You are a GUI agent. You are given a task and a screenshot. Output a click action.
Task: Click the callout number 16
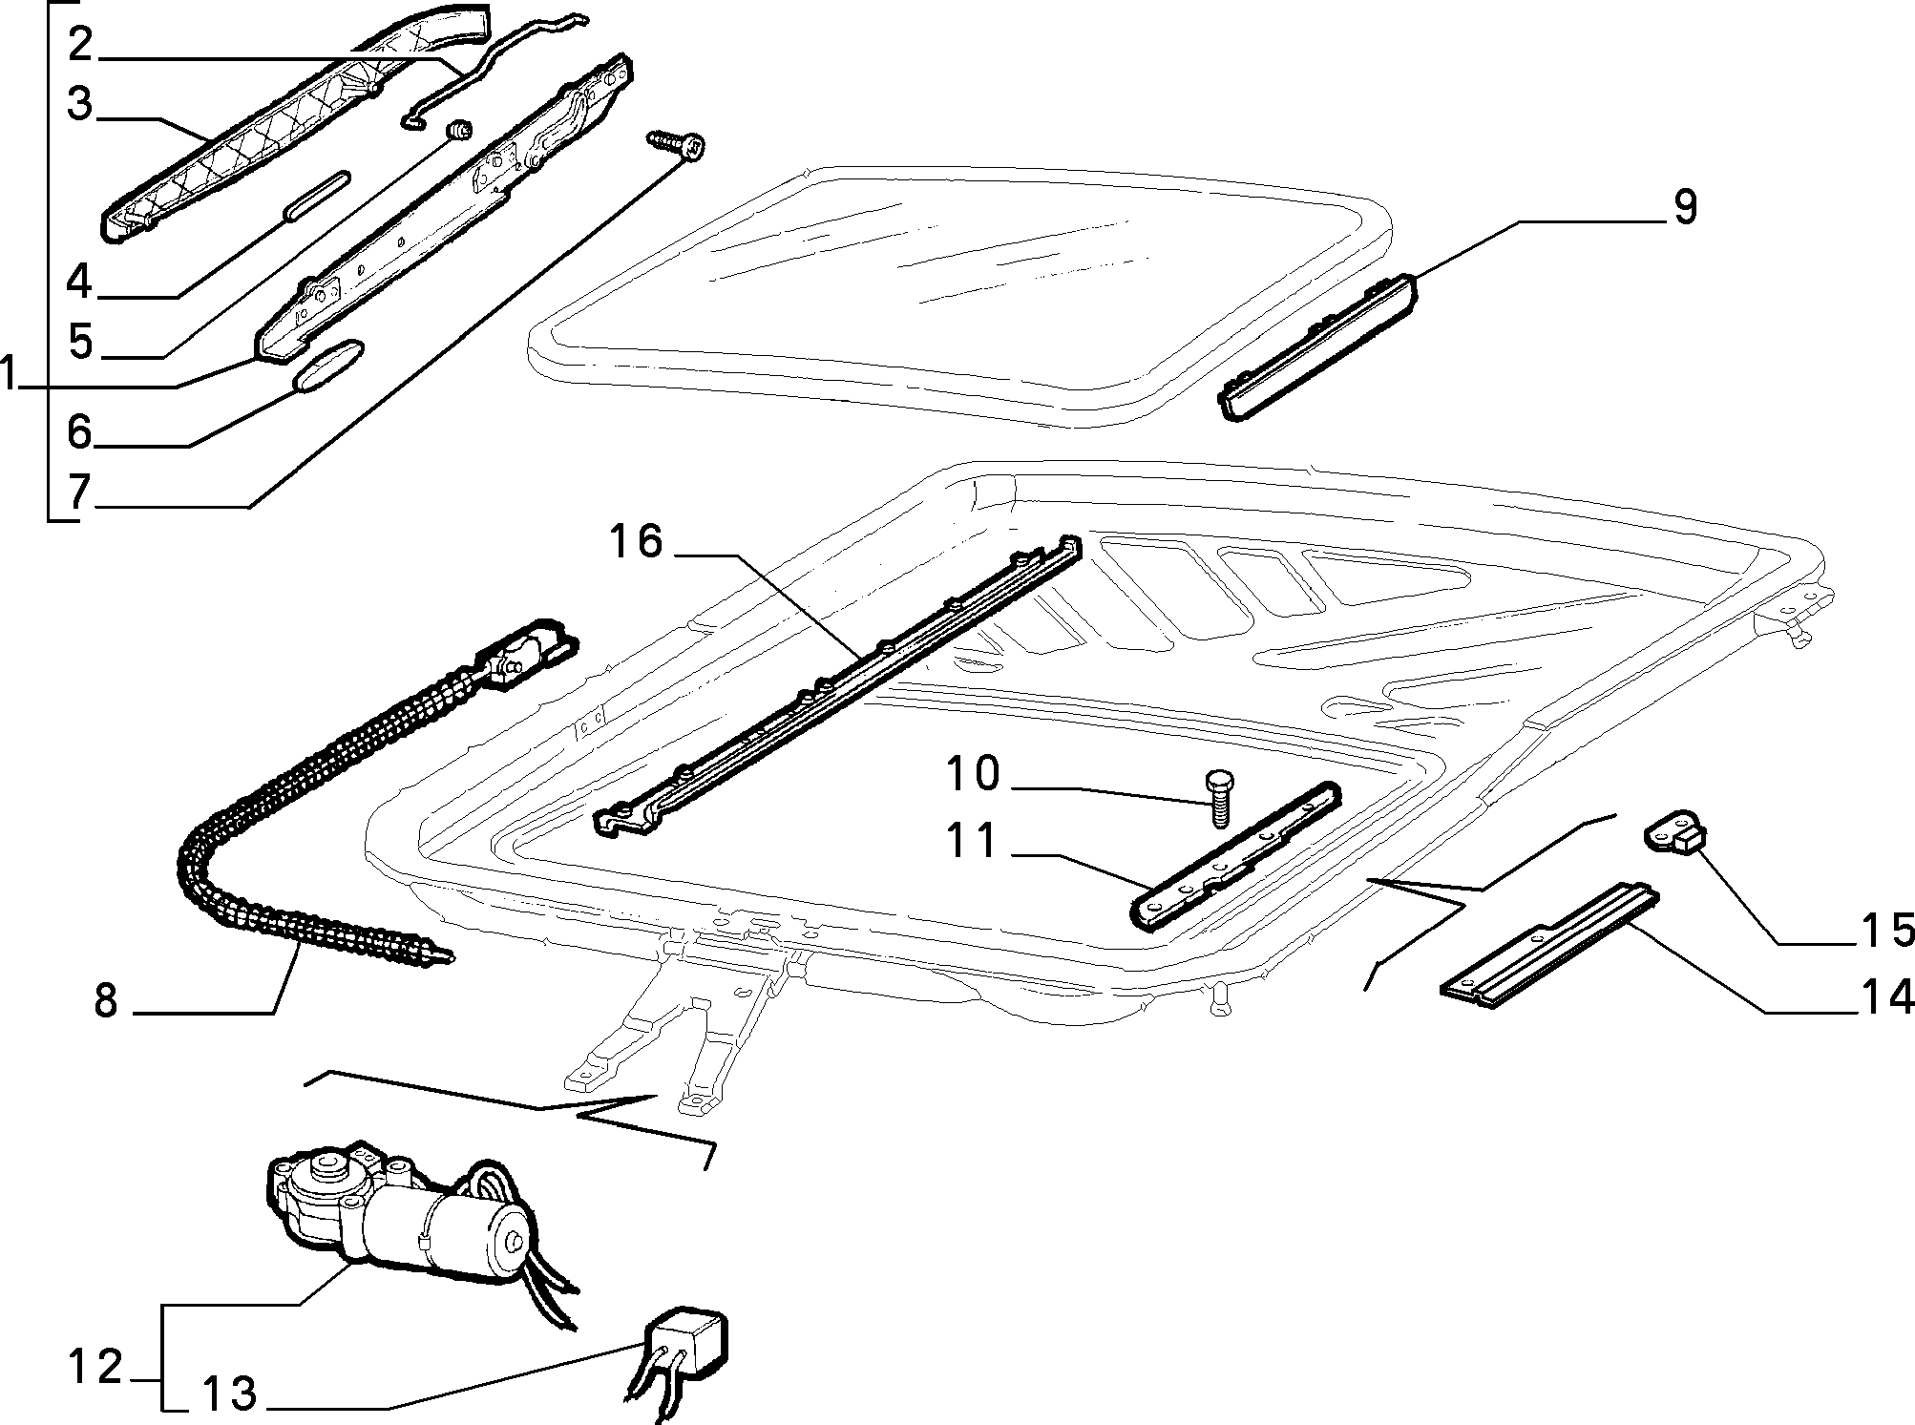click(636, 542)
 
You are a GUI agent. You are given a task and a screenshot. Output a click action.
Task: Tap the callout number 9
click(1685, 208)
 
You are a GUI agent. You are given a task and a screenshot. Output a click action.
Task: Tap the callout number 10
click(973, 773)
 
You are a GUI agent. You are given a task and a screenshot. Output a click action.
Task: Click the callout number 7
click(79, 492)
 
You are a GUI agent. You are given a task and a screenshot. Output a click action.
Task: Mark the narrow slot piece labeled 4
click(316, 196)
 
